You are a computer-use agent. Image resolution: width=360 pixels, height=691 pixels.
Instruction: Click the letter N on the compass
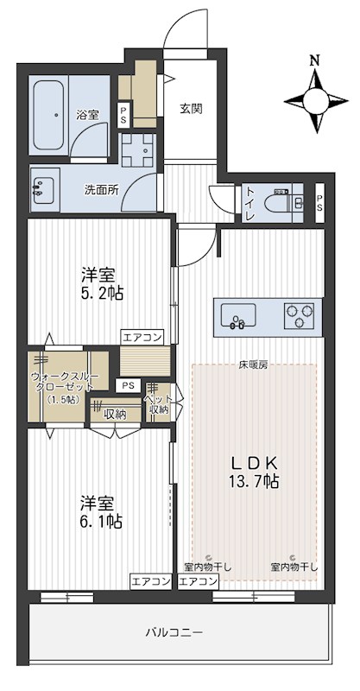316,60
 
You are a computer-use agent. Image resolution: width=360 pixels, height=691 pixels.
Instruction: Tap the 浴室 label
86,114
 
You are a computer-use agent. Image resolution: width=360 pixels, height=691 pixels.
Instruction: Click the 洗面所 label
101,190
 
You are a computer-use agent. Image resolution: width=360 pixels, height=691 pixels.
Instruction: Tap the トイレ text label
249,204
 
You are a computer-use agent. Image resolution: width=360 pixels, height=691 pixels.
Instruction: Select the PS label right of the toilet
319,205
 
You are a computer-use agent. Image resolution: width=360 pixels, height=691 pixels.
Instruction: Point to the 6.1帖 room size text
102,522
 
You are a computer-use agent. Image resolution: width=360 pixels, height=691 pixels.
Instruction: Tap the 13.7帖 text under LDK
254,481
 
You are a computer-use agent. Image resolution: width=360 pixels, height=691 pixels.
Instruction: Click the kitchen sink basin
237,316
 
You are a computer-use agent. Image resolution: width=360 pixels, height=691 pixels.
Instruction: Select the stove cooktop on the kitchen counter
300,315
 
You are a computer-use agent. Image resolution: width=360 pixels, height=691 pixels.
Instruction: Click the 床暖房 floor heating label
254,365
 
